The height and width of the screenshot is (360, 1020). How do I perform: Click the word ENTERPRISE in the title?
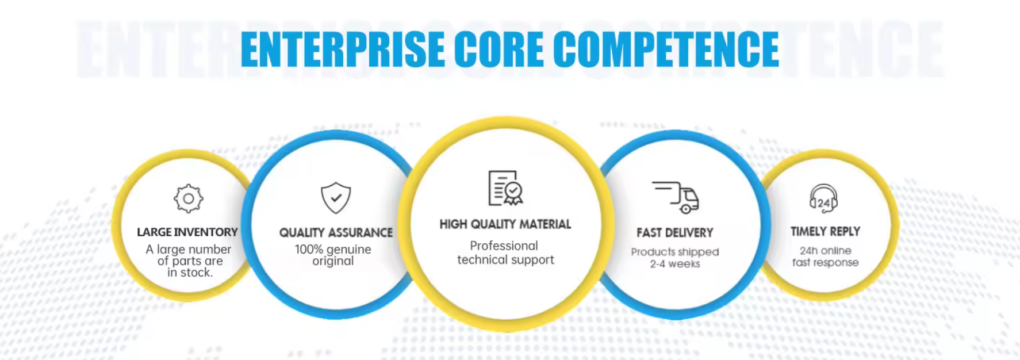tap(343, 49)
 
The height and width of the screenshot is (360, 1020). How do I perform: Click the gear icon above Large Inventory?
tap(188, 199)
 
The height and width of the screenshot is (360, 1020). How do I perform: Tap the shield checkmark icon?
tap(336, 198)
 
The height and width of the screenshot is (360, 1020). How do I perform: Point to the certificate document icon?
tap(505, 187)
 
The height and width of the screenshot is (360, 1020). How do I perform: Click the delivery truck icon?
tap(676, 197)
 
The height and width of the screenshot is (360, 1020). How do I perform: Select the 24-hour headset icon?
tap(824, 199)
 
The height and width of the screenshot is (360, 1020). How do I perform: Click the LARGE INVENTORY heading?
tap(187, 232)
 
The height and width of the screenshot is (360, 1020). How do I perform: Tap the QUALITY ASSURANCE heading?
tap(336, 233)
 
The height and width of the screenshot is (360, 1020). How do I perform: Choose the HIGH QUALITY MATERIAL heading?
tap(505, 224)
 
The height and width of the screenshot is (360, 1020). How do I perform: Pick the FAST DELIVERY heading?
tap(675, 233)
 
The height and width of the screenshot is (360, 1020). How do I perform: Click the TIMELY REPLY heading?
tap(825, 231)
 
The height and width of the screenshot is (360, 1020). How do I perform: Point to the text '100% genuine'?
tap(333, 250)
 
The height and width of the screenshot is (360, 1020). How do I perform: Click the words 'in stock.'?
tap(190, 273)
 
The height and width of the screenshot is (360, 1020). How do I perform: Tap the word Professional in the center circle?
tap(504, 246)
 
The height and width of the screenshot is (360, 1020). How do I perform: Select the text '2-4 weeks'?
tap(675, 264)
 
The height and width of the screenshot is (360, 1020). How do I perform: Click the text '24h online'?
tap(826, 251)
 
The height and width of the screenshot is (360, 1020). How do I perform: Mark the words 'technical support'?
tap(506, 260)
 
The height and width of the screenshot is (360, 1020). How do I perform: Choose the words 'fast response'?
tap(826, 263)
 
